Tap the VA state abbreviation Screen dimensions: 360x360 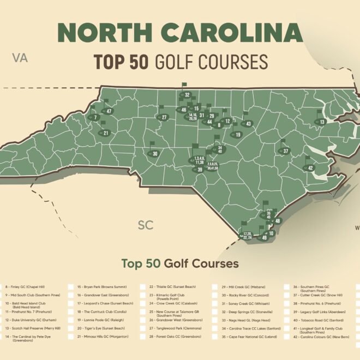(x=21, y=58)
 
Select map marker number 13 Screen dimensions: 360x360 (x=322, y=122)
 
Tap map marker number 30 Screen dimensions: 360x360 (x=154, y=154)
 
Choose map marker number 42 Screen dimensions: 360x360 (x=310, y=168)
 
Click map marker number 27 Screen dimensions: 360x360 (x=163, y=117)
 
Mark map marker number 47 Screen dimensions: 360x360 (x=109, y=111)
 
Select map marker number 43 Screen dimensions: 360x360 (x=248, y=124)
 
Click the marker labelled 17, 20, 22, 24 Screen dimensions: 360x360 (x=247, y=236)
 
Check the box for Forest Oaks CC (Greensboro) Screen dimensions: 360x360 (x=143, y=337)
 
